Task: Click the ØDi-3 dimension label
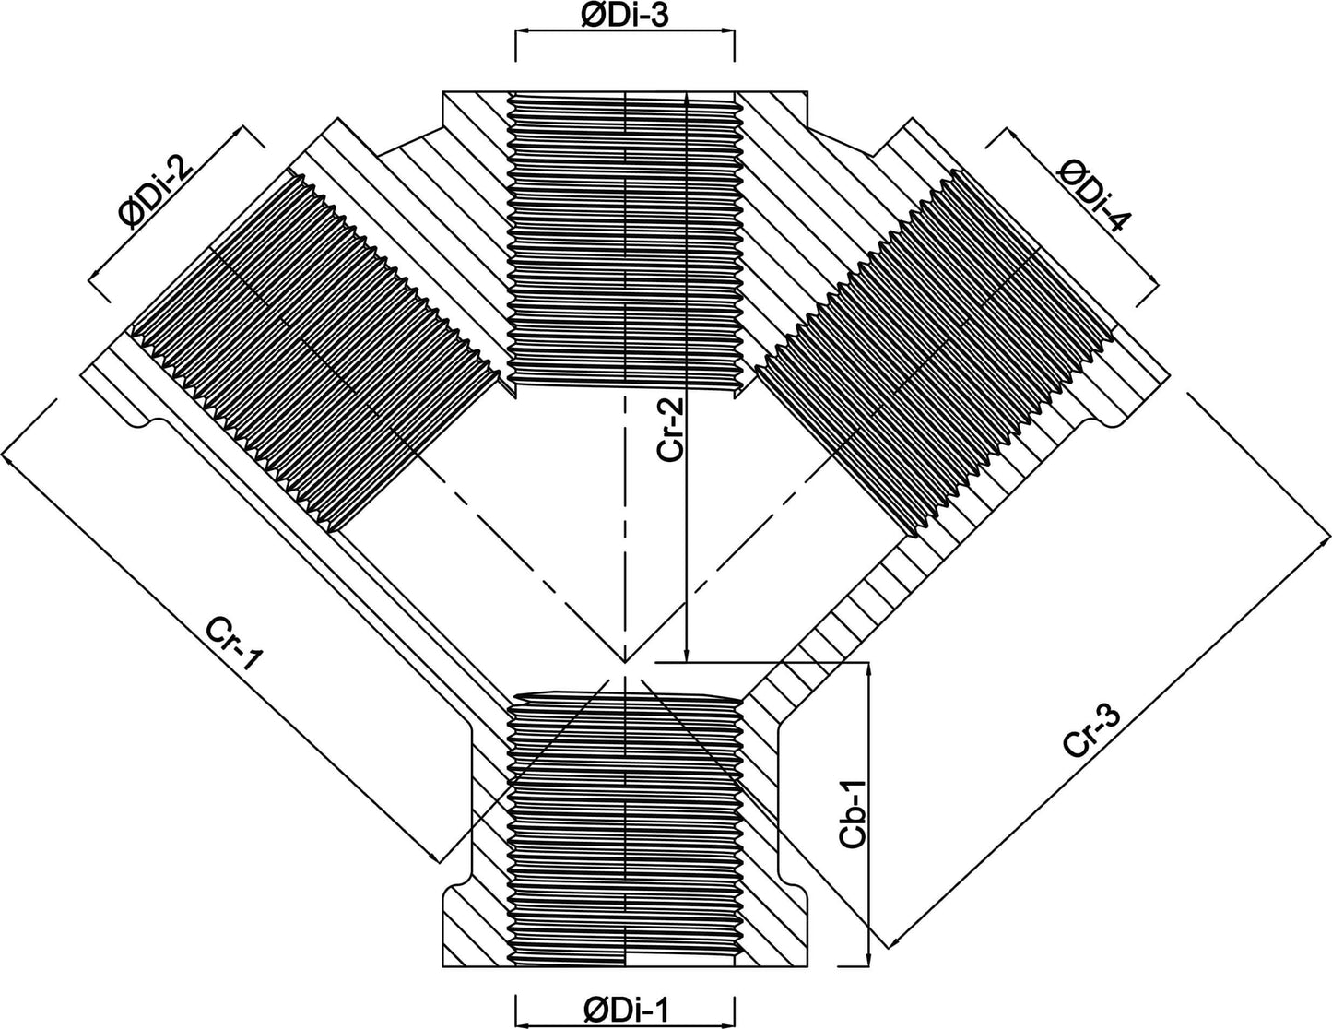[x=624, y=16]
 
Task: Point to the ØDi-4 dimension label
[x=1093, y=195]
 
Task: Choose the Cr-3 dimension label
[x=1091, y=732]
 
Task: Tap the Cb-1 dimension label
[x=853, y=814]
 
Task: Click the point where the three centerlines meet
[x=625, y=662]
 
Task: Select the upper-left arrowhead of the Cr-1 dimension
[x=9, y=460]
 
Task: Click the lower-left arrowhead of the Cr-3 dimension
[x=894, y=940]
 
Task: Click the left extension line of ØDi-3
[x=515, y=47]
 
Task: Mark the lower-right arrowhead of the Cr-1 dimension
[x=434, y=857]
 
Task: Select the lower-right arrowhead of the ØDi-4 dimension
[x=1151, y=279]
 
